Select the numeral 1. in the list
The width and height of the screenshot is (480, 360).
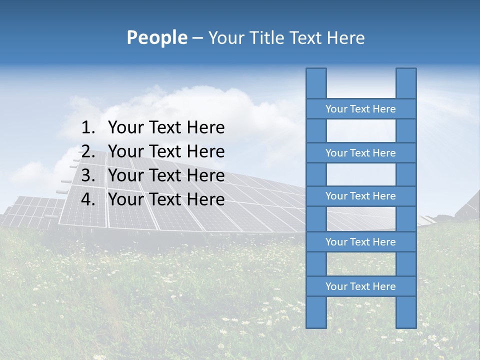88,128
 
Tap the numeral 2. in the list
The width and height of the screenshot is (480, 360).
88,151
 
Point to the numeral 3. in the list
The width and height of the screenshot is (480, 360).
88,175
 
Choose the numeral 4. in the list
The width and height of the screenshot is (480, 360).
88,199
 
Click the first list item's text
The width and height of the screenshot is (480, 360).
166,128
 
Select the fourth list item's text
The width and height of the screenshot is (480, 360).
166,199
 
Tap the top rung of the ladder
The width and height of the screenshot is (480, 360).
360,109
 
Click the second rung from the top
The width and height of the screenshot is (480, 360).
360,153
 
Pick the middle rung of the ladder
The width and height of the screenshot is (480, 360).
360,196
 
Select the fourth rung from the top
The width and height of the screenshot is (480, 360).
360,242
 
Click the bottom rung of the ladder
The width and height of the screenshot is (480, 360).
360,286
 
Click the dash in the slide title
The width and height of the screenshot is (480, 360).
197,38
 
